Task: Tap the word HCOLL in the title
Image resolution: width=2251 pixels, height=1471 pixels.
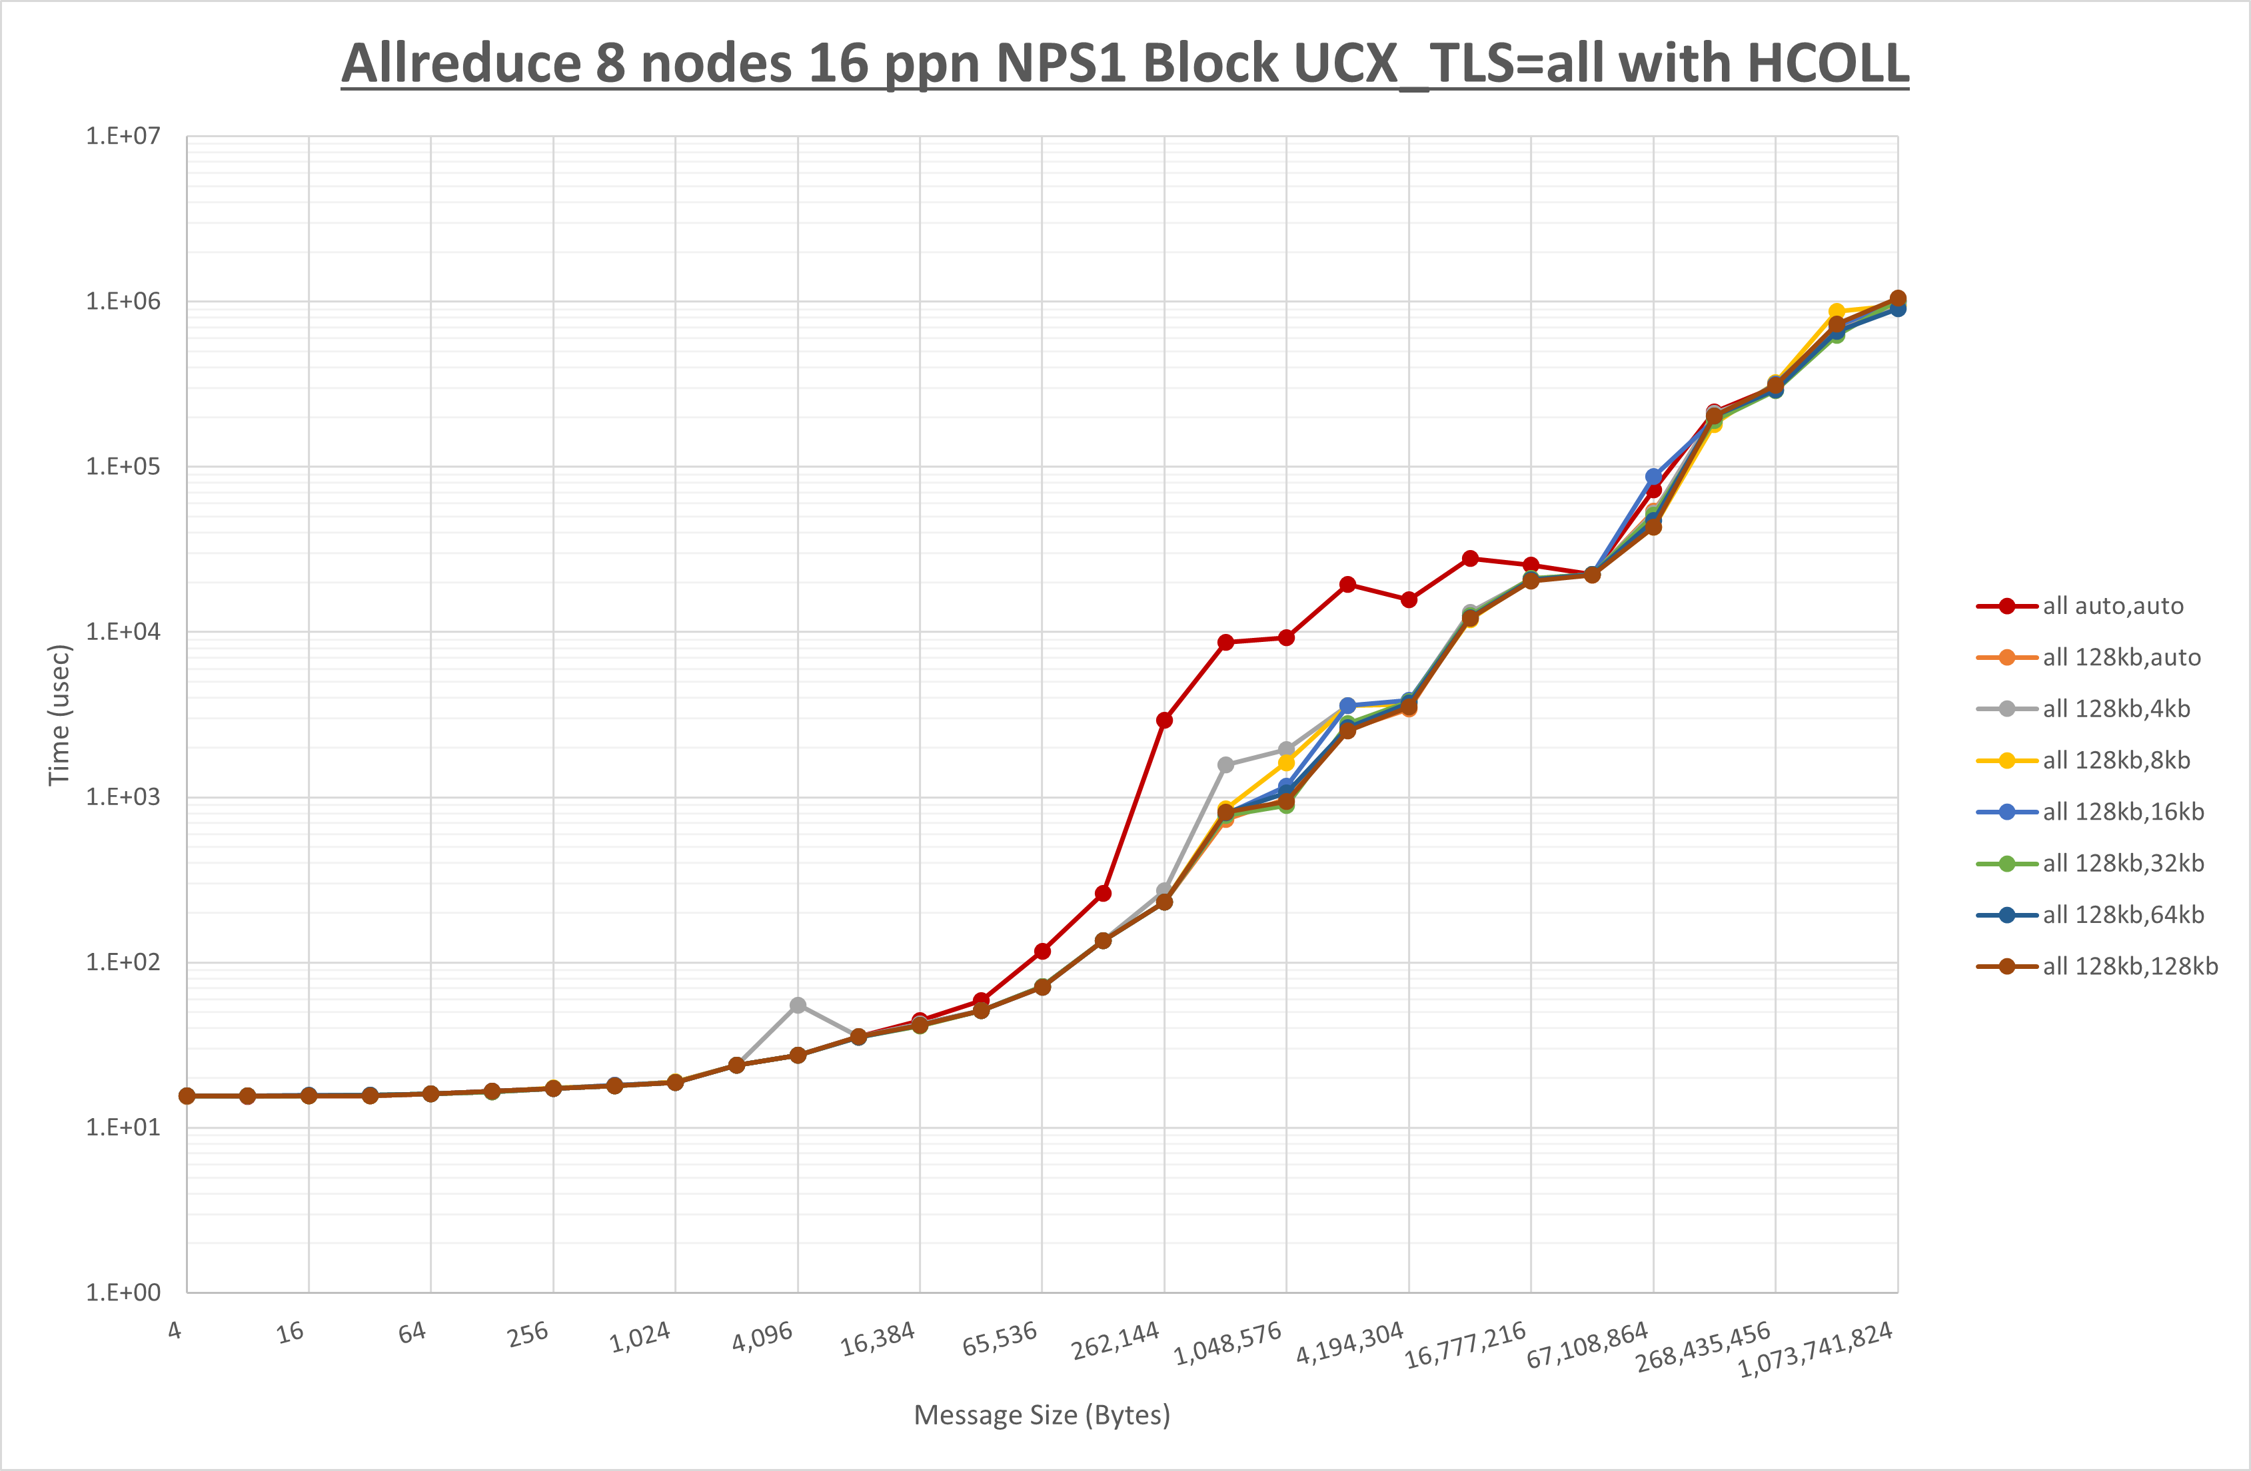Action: pyautogui.click(x=1827, y=65)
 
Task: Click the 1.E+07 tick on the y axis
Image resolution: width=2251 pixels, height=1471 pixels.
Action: pyautogui.click(x=123, y=136)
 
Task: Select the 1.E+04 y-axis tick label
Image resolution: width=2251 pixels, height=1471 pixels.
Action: pyautogui.click(x=123, y=631)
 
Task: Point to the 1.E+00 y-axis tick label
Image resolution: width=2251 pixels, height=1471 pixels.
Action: pyautogui.click(x=123, y=1293)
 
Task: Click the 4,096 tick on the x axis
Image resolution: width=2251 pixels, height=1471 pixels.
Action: pyautogui.click(x=762, y=1336)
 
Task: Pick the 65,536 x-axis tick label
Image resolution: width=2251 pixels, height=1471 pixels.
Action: pyautogui.click(x=1000, y=1338)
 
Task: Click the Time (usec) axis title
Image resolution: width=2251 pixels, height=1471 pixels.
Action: pyautogui.click(x=59, y=715)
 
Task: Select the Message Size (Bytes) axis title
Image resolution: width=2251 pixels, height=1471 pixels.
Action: pyautogui.click(x=1042, y=1415)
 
